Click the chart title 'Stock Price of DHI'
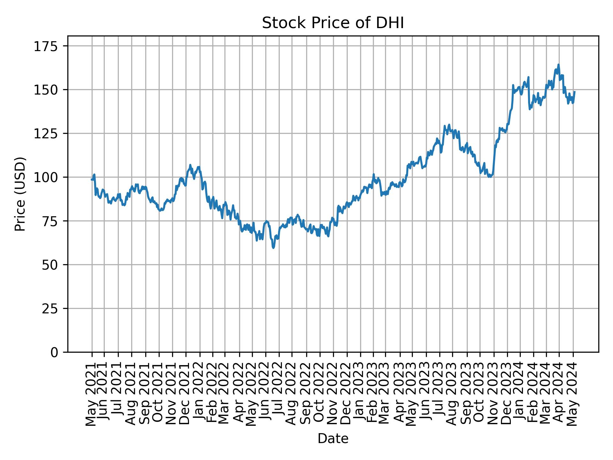[333, 23]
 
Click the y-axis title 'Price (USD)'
[20, 194]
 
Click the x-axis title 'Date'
[333, 439]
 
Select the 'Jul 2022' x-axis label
[279, 390]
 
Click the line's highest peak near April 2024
[558, 65]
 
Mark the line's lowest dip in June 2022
[273, 248]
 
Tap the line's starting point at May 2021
[92, 180]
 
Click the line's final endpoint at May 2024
[575, 92]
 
